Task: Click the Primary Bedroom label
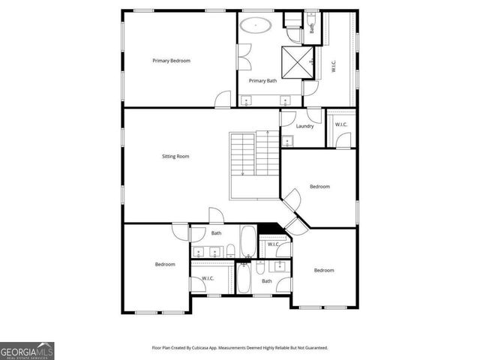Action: [x=171, y=60]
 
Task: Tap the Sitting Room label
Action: [x=175, y=157]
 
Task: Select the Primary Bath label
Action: [x=262, y=80]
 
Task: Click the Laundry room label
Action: [x=304, y=126]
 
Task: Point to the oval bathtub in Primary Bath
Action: [x=256, y=25]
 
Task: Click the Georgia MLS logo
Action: [x=27, y=350]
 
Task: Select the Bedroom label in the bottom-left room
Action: [x=165, y=264]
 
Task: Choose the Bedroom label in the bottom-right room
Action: [x=324, y=270]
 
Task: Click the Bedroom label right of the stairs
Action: [x=320, y=187]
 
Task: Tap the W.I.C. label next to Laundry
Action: [x=341, y=124]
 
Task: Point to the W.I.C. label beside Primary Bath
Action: [x=333, y=67]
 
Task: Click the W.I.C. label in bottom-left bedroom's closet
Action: [x=208, y=279]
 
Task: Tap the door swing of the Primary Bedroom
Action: [x=223, y=99]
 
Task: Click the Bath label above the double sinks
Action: [x=216, y=233]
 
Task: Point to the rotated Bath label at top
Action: [x=312, y=29]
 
